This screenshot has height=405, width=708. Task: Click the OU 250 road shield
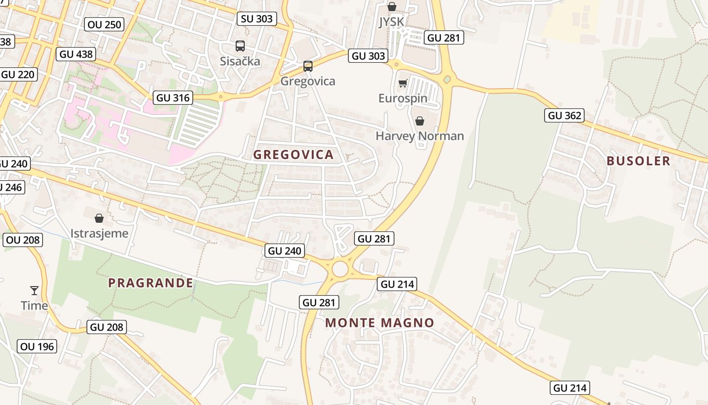(105, 24)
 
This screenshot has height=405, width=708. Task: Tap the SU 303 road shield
(257, 19)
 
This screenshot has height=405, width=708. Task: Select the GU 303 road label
(368, 56)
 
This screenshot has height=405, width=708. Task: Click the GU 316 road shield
(173, 98)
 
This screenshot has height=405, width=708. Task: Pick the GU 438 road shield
(76, 54)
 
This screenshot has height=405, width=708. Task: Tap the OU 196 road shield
(37, 347)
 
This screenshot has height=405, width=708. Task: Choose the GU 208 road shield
(107, 327)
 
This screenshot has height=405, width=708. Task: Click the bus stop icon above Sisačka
(240, 46)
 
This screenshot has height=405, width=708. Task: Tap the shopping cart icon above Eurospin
(403, 83)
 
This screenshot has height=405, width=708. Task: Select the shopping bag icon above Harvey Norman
(419, 121)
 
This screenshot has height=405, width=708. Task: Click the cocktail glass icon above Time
(34, 291)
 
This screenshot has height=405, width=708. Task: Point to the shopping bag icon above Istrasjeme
(99, 218)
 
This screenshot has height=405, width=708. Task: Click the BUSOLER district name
(638, 161)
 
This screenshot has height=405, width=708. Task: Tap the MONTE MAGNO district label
(379, 323)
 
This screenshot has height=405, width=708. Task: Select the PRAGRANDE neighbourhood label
(151, 283)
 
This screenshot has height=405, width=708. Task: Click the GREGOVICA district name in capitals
(293, 155)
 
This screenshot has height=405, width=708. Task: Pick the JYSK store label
(391, 22)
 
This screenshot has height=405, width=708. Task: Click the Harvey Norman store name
(420, 136)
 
